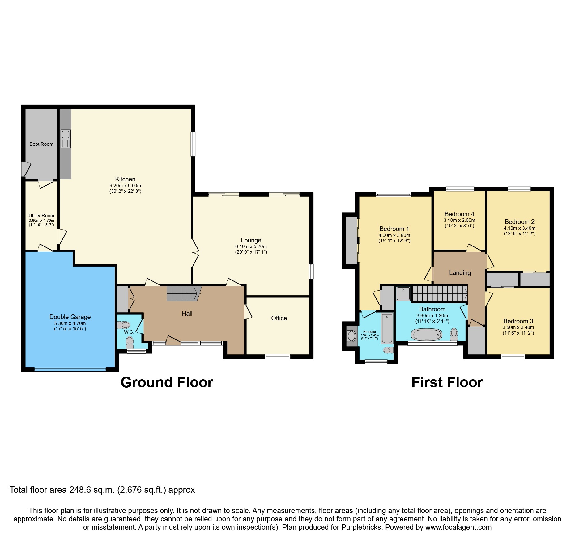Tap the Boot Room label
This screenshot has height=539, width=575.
(x=41, y=144)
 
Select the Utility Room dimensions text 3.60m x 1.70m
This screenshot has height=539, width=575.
(x=41, y=221)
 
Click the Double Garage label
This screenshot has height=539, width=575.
(x=70, y=317)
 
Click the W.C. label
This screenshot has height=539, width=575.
(x=129, y=332)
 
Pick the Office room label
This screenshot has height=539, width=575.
(x=279, y=318)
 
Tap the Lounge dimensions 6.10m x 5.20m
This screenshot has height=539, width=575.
(x=251, y=246)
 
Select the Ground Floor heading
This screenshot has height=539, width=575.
(x=167, y=382)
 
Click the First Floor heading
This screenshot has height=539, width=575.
(x=447, y=382)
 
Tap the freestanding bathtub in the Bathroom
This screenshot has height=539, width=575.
(x=426, y=335)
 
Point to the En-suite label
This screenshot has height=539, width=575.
(x=369, y=332)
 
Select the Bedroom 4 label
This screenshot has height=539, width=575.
(x=459, y=214)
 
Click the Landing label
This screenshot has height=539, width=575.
(x=460, y=273)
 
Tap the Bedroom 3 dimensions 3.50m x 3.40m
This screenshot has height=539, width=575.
(x=518, y=327)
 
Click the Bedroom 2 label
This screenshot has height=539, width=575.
(x=519, y=222)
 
